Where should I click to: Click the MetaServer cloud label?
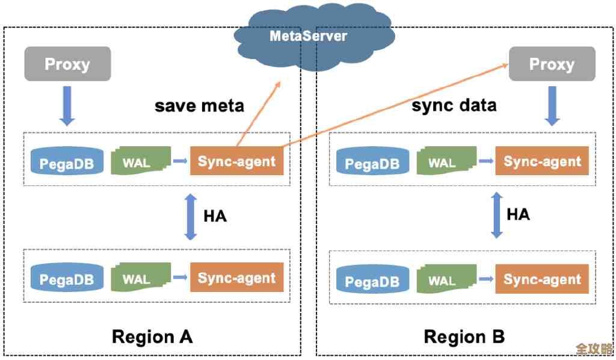coord(308,36)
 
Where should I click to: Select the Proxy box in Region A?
coord(67,64)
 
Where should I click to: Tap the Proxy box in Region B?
coord(552,64)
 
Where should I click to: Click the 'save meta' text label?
coord(199,106)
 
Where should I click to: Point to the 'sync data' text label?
coord(454,106)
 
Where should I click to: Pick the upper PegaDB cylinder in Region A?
coord(67,162)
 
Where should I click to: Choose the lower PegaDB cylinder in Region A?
coord(67,278)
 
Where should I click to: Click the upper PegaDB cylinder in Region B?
coord(372,162)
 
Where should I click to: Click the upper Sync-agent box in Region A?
coord(237,161)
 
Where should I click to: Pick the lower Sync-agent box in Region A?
coord(237,278)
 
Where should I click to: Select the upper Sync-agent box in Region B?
coord(542,161)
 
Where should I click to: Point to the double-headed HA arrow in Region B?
coord(497,215)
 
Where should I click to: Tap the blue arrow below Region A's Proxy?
coord(67,105)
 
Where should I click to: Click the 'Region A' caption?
coord(152,336)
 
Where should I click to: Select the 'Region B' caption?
coord(464,336)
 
